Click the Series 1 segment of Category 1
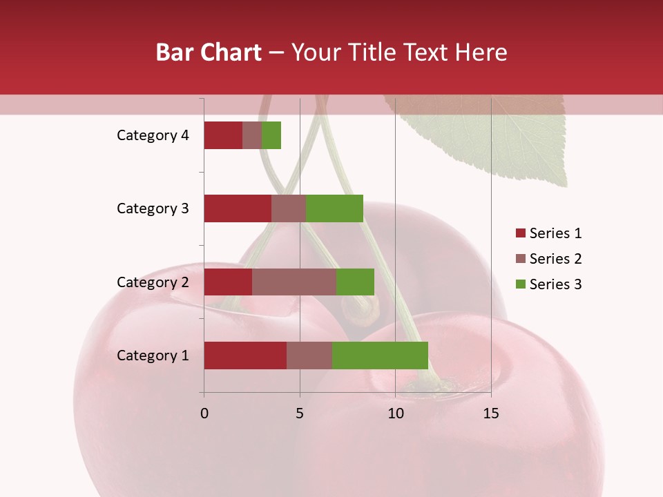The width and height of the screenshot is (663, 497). click(x=245, y=355)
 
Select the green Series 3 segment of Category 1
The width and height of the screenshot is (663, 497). click(x=380, y=355)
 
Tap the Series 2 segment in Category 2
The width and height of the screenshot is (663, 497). click(x=294, y=282)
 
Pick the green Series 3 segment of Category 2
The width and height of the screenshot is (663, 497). click(x=355, y=282)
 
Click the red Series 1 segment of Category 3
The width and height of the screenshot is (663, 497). click(x=238, y=208)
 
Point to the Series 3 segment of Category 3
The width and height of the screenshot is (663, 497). click(x=334, y=208)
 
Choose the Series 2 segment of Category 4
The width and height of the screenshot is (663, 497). click(x=252, y=135)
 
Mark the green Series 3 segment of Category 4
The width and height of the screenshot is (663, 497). click(x=271, y=135)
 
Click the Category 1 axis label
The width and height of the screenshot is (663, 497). click(x=153, y=355)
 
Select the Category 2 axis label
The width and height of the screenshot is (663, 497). click(x=153, y=282)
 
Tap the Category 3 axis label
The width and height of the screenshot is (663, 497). click(x=153, y=208)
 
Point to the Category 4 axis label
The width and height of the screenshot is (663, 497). click(x=153, y=135)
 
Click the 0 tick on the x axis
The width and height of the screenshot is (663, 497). click(x=204, y=413)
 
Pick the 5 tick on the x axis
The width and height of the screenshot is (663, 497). click(x=300, y=413)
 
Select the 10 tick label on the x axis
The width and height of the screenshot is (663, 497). click(x=395, y=413)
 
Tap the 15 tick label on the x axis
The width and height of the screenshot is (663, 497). click(x=490, y=413)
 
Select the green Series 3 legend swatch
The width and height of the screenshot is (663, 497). click(x=520, y=284)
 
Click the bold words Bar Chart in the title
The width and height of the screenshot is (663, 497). click(x=209, y=52)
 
